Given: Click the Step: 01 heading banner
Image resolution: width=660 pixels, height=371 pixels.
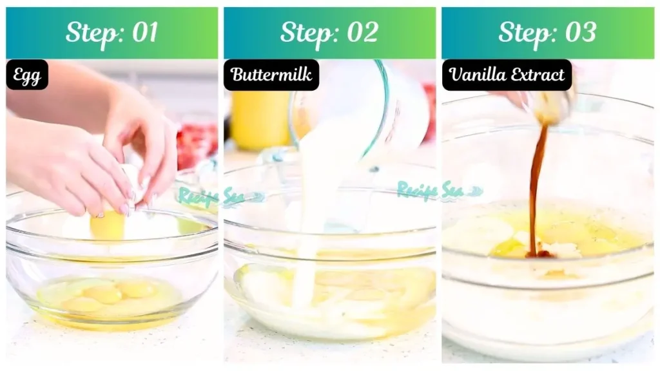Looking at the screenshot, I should [x=112, y=33].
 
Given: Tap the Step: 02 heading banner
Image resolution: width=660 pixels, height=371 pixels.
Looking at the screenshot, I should [x=329, y=33].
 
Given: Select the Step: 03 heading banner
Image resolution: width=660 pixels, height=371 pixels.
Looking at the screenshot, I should [x=547, y=33].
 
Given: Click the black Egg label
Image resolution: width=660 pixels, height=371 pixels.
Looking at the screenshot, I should [x=27, y=75].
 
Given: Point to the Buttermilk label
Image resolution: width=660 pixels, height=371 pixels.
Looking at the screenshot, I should [x=271, y=75].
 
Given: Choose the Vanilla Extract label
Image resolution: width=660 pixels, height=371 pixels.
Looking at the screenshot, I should [x=507, y=75].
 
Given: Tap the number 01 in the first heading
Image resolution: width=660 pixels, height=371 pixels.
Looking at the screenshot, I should [x=144, y=33].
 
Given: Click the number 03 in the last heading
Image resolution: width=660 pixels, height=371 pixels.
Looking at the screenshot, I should [x=580, y=33].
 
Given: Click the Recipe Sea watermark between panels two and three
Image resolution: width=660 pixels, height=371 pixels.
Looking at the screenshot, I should [x=438, y=190].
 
